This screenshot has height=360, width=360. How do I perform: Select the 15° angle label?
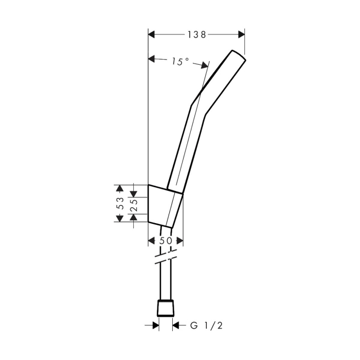180,61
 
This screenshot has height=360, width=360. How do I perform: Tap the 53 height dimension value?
119,203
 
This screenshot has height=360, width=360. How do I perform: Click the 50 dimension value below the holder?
166,241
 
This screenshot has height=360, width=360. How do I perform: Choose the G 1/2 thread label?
206,325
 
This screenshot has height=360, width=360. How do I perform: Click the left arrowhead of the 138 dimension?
152,34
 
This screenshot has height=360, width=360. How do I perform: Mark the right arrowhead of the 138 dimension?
241,34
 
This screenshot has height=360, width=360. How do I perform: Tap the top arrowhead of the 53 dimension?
119,187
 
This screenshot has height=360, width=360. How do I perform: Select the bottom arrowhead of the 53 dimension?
119,219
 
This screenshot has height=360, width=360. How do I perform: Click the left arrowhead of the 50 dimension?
152,241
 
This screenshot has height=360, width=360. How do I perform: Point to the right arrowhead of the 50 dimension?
179,241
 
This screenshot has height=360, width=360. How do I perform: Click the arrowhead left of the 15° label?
152,59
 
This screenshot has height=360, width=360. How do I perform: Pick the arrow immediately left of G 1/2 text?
176,325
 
